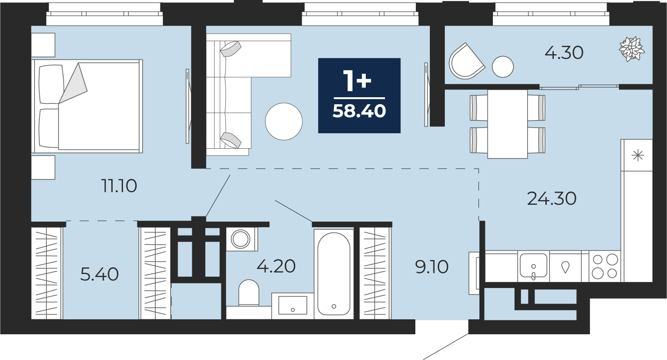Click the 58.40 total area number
tap(359, 112)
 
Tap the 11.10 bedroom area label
tap(119, 186)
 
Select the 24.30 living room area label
tap(552, 198)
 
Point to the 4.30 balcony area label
tap(564, 53)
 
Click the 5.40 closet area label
tap(100, 274)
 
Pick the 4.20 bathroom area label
tap(276, 266)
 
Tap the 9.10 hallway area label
tap(432, 266)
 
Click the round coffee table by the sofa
tap(284, 122)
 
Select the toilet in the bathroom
tap(249, 293)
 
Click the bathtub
tap(334, 274)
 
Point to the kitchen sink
tap(533, 266)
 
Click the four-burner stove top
tap(605, 266)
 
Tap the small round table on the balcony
tap(503, 67)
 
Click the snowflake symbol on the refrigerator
tap(638, 156)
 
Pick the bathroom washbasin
tap(292, 305)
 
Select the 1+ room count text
tap(357, 80)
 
